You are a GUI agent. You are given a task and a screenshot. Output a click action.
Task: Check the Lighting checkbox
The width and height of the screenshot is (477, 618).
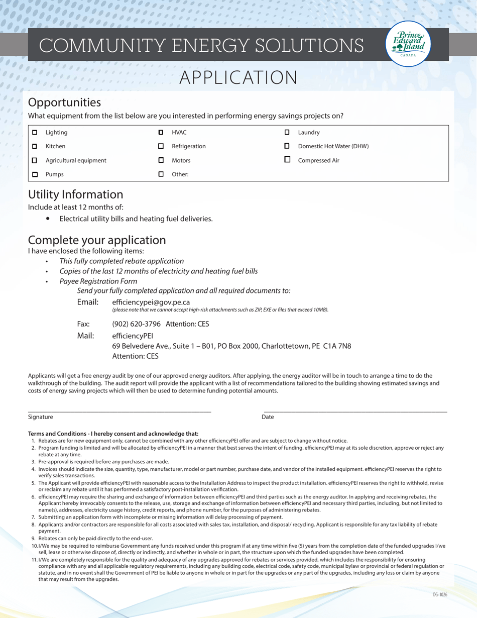35,133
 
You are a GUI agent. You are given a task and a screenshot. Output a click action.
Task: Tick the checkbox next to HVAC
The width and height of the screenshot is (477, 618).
161,133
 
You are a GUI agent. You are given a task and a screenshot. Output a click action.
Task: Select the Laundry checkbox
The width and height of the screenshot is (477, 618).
287,133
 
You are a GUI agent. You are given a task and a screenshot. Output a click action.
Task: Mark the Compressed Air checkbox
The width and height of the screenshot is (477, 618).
287,160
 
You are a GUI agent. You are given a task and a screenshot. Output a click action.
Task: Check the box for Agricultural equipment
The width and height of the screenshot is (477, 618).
35,160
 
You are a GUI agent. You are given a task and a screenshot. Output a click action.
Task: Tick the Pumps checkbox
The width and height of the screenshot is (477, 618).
35,174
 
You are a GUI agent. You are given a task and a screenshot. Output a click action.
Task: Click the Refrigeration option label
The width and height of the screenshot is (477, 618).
188,147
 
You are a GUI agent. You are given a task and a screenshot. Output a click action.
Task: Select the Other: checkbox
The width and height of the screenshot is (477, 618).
161,174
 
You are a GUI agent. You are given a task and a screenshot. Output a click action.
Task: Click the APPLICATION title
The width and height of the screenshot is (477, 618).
238,78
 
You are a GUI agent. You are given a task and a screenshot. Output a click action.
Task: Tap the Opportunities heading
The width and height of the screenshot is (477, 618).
64,102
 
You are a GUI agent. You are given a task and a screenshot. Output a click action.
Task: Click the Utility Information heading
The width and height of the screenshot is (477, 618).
75,194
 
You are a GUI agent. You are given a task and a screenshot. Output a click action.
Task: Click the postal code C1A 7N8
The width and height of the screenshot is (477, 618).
337,346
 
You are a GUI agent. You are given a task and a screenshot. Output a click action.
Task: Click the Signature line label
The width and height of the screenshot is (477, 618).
40,417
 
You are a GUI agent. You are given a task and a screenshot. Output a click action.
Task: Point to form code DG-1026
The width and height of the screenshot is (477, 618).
439,594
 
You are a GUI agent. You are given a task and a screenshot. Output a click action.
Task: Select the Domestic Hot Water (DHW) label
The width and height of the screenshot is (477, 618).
333,147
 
